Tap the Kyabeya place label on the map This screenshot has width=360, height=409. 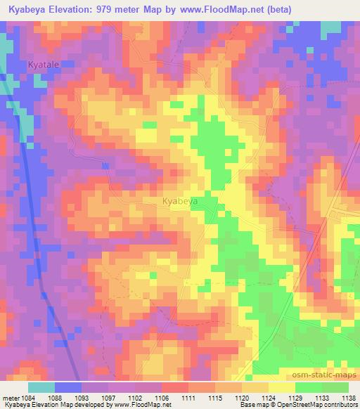tap(179, 201)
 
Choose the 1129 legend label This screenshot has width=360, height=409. tap(295, 398)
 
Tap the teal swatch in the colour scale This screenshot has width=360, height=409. tap(41, 387)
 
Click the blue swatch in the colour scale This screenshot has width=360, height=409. tap(68, 387)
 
